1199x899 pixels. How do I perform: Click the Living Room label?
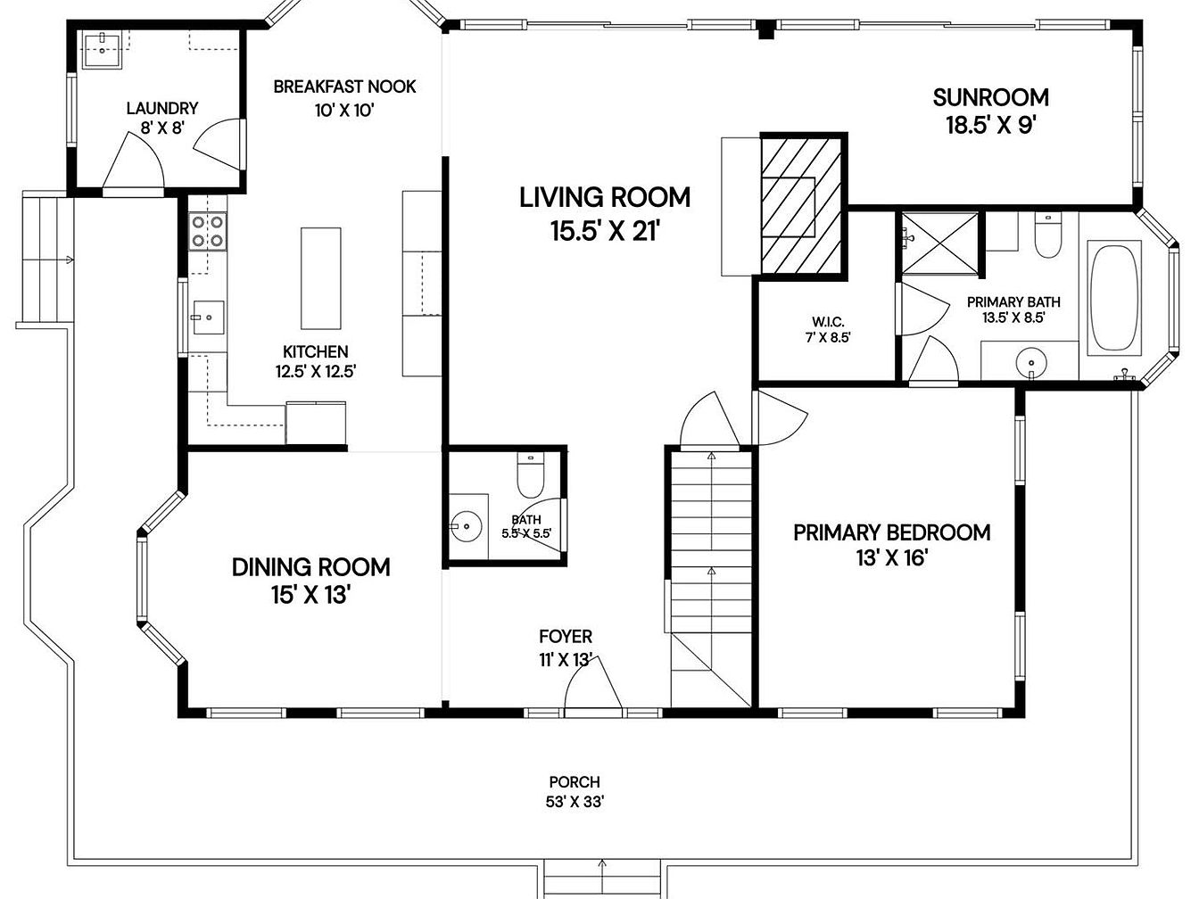(x=605, y=198)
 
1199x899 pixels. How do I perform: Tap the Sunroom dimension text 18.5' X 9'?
(x=991, y=126)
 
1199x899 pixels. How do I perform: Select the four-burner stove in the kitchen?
(x=208, y=231)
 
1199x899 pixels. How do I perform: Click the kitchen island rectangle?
(x=320, y=278)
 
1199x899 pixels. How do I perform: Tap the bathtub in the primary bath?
(x=1114, y=298)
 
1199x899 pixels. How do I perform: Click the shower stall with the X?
(x=939, y=243)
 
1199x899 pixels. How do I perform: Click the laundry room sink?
(x=103, y=49)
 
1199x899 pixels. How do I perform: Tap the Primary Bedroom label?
(x=891, y=532)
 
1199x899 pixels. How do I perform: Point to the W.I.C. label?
(x=828, y=322)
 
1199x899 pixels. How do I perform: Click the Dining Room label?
(x=310, y=568)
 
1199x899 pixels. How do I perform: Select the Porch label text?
(x=575, y=782)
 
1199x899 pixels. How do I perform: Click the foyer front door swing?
(x=593, y=683)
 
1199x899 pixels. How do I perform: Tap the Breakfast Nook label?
(x=344, y=87)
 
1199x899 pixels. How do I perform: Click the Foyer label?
(x=566, y=637)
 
